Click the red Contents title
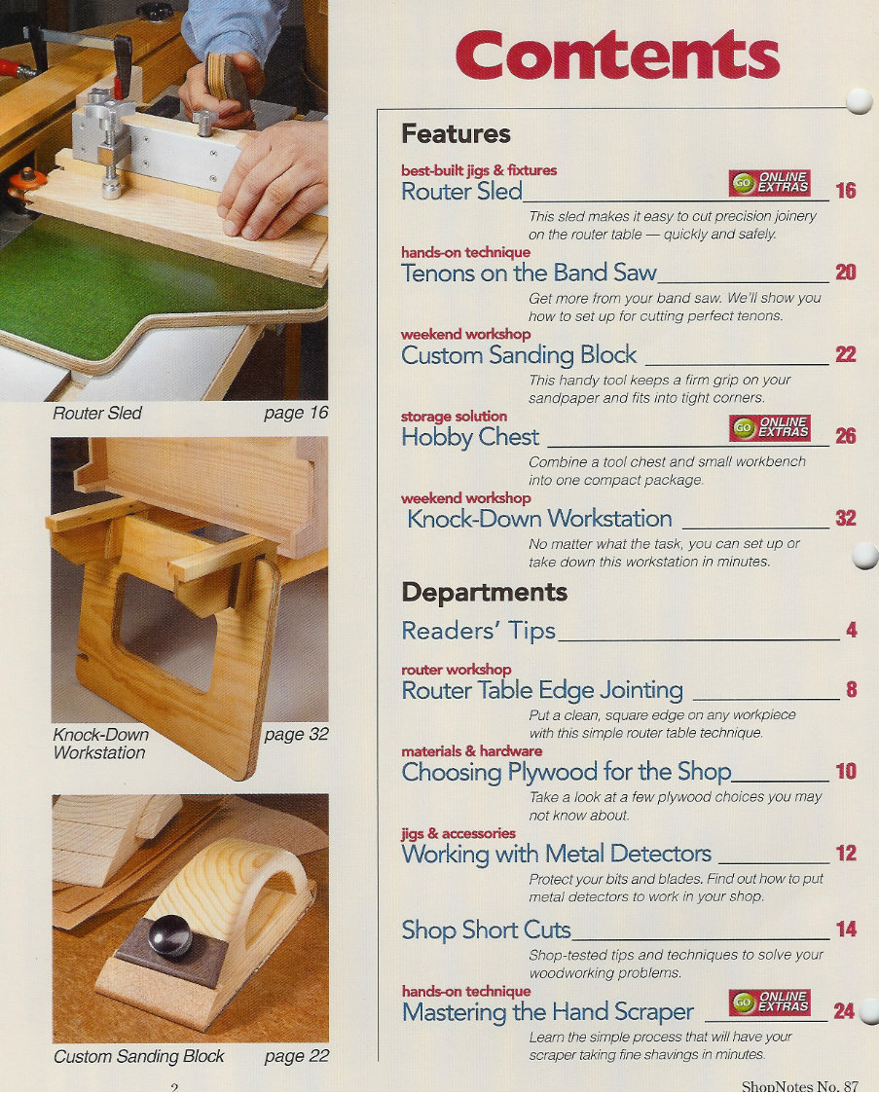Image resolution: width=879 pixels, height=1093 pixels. (x=617, y=55)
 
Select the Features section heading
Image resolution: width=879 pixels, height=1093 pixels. (x=456, y=133)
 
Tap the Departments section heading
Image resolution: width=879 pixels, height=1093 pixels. (x=484, y=592)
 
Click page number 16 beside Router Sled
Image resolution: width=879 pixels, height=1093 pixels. (x=845, y=191)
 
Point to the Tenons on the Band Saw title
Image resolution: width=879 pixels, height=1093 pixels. (x=529, y=273)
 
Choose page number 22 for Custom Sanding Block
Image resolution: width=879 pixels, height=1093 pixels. (x=845, y=355)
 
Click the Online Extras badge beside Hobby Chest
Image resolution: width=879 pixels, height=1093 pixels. (x=770, y=427)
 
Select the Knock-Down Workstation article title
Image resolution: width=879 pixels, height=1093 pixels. (x=539, y=519)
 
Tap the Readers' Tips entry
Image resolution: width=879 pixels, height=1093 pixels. (x=478, y=631)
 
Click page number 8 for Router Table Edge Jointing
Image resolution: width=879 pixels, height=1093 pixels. (x=850, y=690)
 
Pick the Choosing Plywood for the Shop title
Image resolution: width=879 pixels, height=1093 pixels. (x=566, y=772)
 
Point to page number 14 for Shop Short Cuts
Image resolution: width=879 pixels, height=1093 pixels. (x=845, y=929)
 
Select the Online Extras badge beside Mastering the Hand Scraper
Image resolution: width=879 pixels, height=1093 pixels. (x=770, y=1002)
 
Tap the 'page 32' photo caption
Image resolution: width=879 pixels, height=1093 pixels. (x=296, y=734)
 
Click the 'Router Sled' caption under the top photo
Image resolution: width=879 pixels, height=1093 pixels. (x=97, y=414)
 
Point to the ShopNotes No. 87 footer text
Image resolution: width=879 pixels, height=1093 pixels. (x=799, y=1085)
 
